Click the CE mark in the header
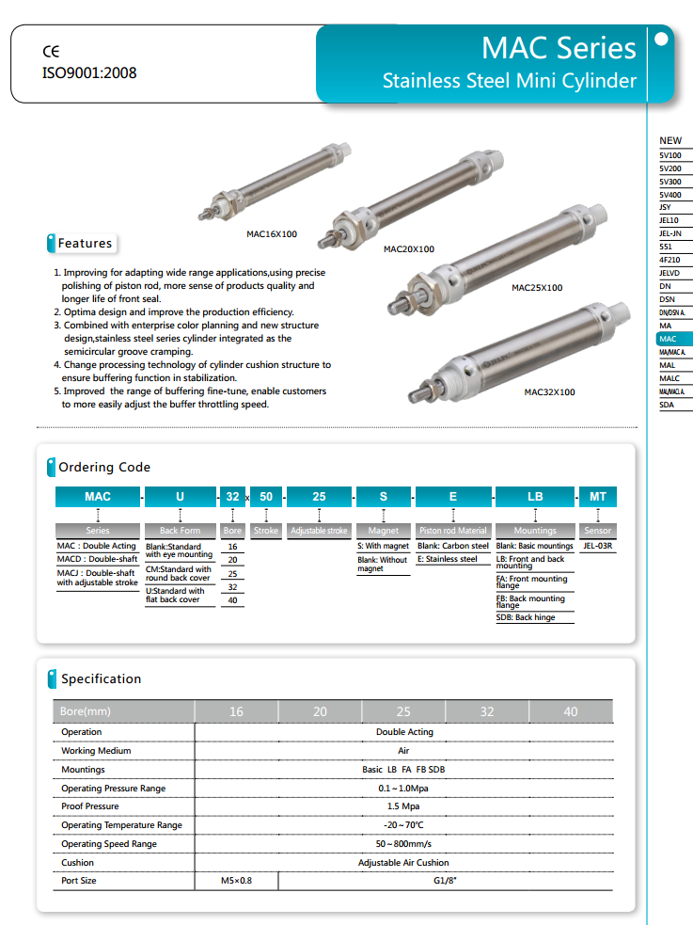pos(51,52)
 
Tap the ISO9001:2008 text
pos(89,72)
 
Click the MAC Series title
pos(559,48)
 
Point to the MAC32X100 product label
pos(549,391)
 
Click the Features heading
pos(85,244)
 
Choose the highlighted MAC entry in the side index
pos(669,338)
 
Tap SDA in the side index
pos(669,404)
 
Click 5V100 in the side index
pos(670,154)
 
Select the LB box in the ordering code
pos(535,496)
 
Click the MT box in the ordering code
pos(597,496)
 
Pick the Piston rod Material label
pos(453,531)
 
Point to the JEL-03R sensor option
pos(598,546)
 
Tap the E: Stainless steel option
pos(448,559)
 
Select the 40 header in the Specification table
pos(571,711)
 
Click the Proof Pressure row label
pos(90,806)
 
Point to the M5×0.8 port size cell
pos(236,881)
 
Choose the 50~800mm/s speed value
pos(404,844)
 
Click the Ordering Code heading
pos(104,467)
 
